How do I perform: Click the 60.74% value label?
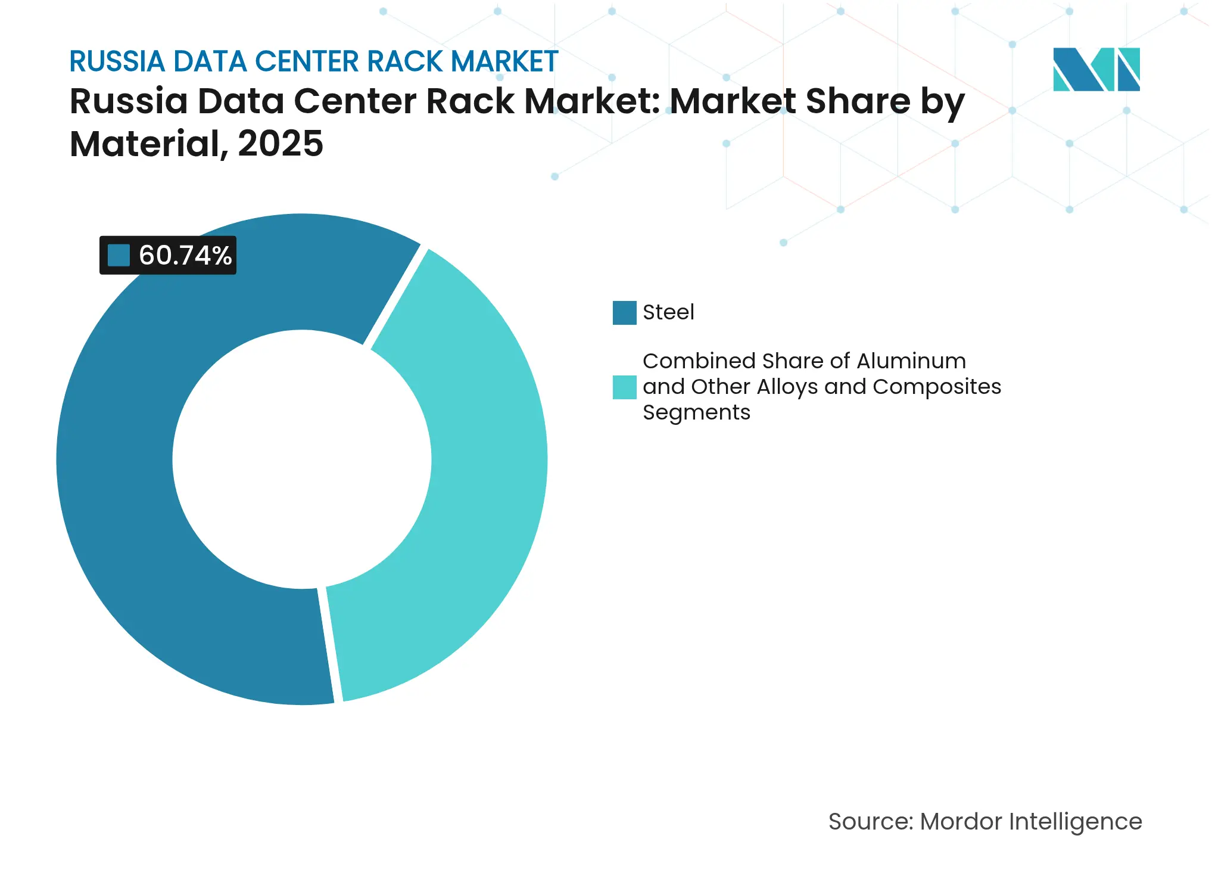point(185,256)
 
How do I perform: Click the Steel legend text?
point(668,312)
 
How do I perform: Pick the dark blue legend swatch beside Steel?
point(624,313)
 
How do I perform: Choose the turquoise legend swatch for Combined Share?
point(624,387)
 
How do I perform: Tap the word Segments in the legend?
point(696,412)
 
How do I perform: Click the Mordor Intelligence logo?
point(1096,70)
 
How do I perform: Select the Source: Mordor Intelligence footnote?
point(985,822)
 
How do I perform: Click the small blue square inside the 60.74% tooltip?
point(119,256)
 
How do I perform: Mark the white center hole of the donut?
point(302,459)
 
